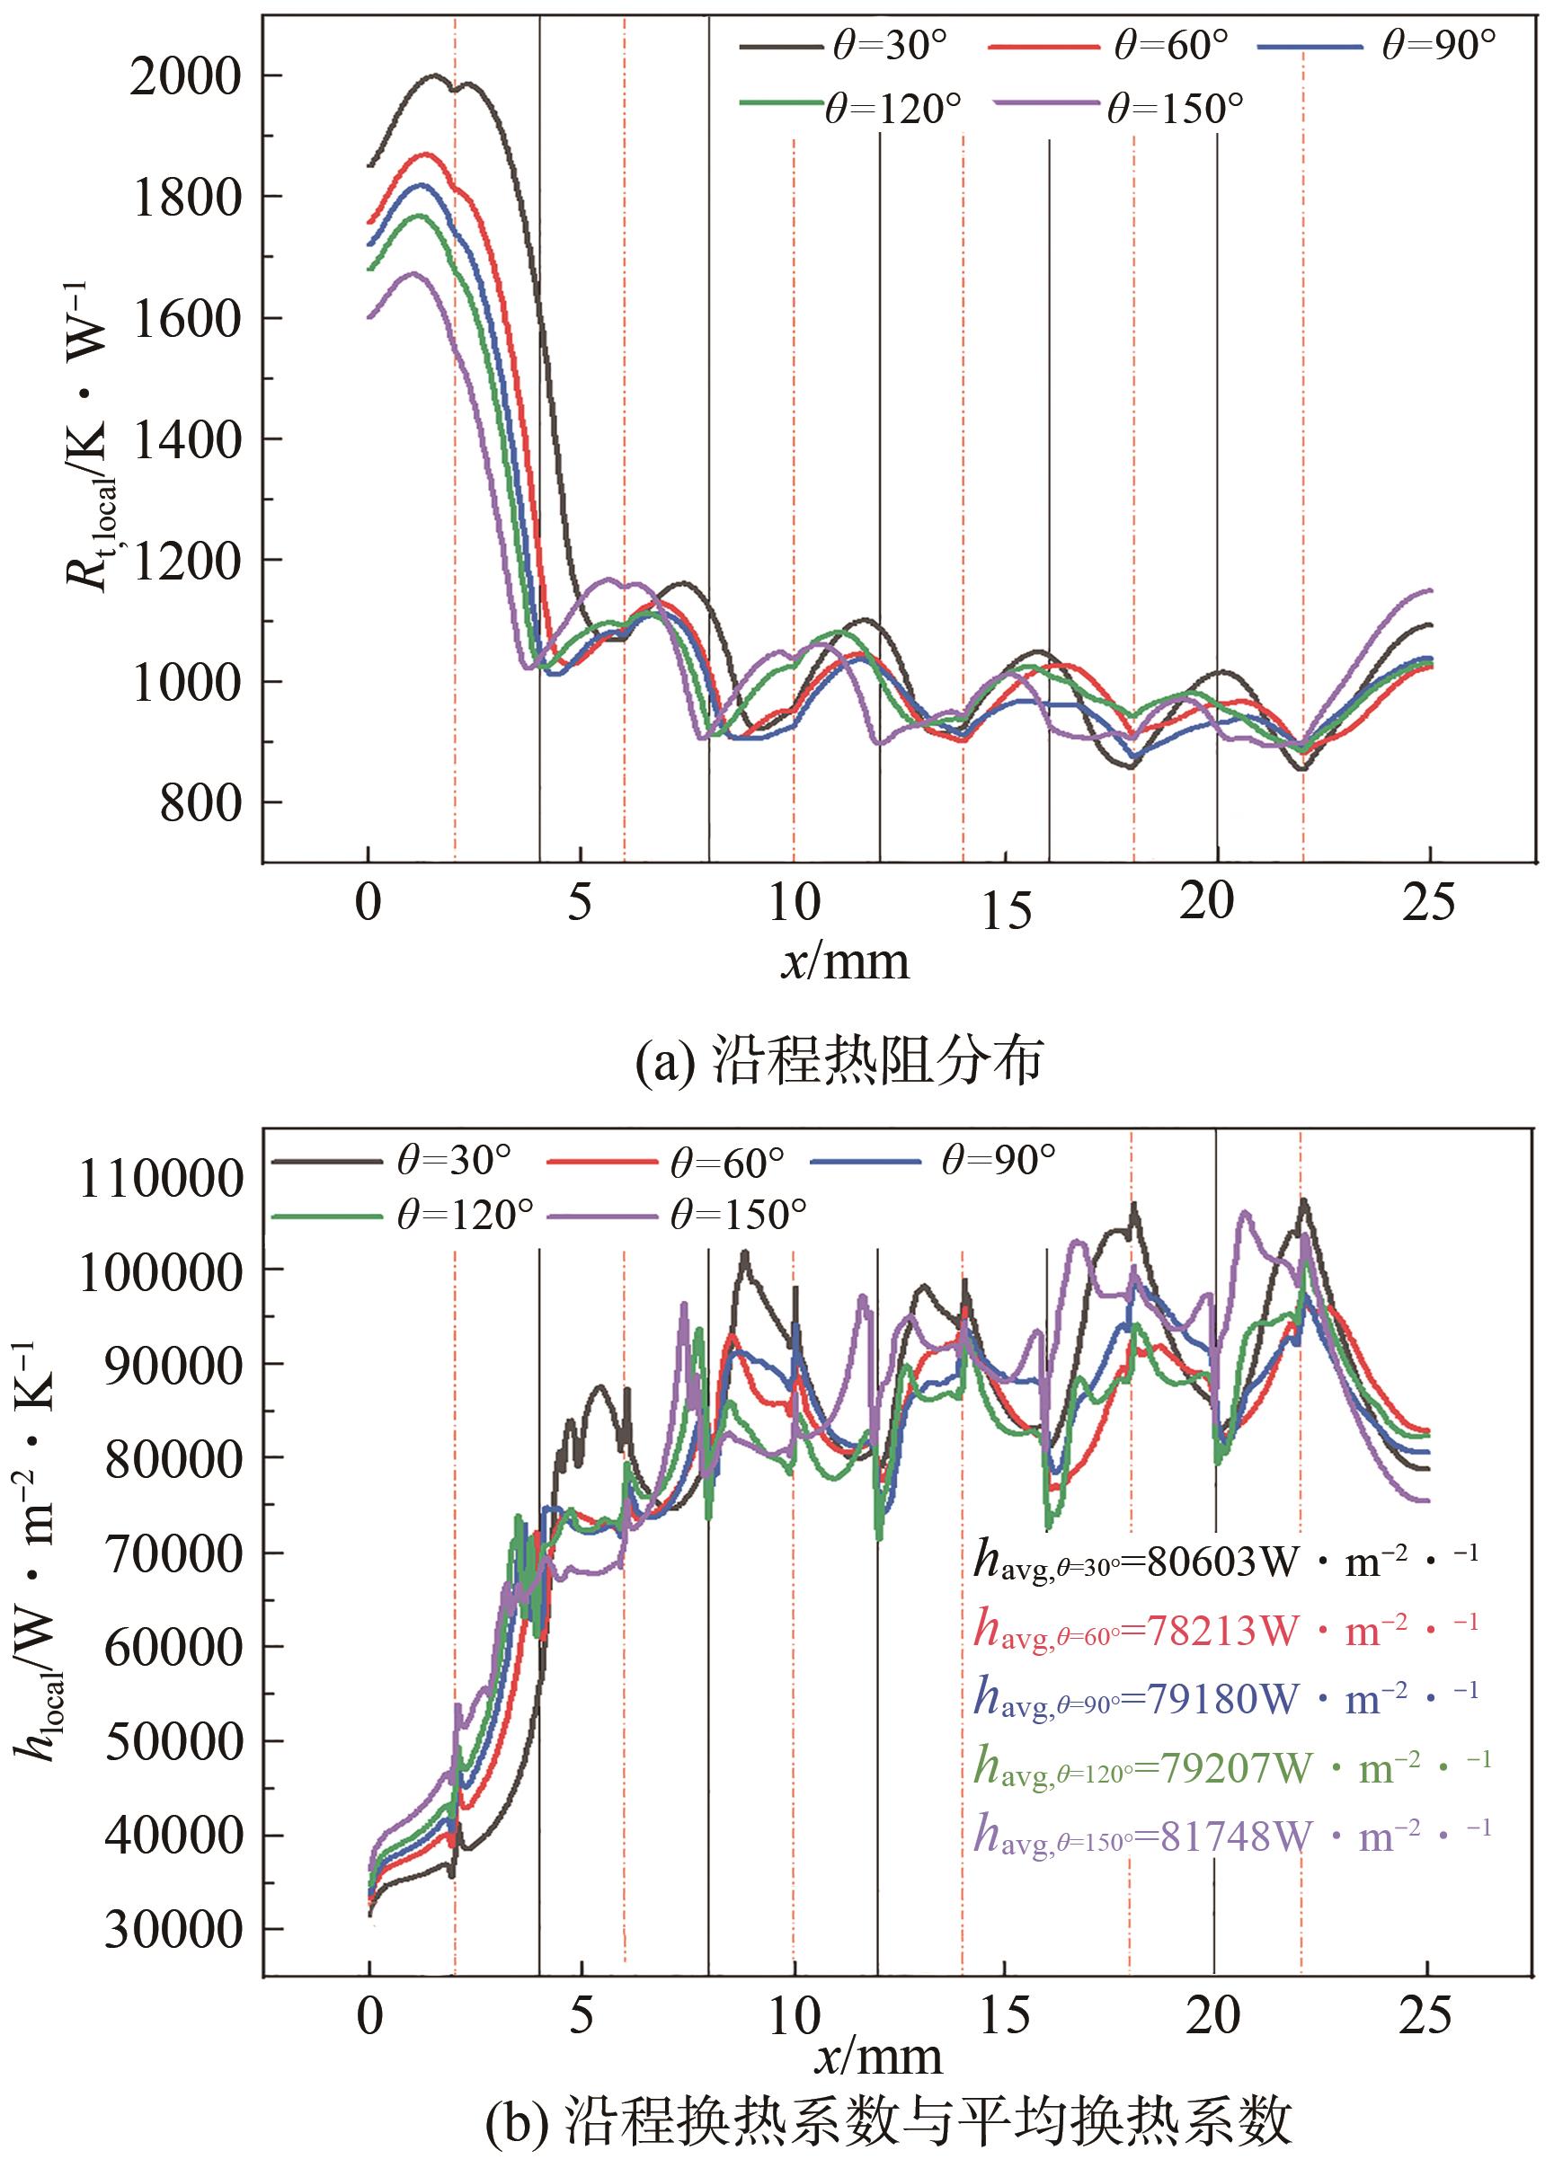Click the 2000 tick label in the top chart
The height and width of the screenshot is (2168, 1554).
pos(183,77)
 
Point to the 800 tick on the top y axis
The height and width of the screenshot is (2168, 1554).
pos(200,803)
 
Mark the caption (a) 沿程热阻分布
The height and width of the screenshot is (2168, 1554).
pos(839,1061)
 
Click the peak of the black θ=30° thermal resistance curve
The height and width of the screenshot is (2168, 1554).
pos(435,75)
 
